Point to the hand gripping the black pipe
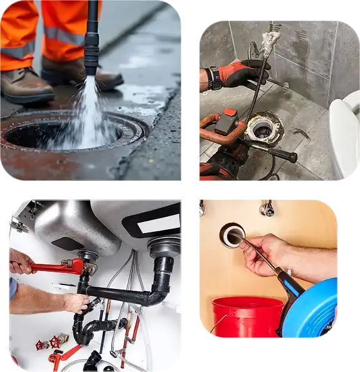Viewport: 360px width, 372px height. (x=77, y=302)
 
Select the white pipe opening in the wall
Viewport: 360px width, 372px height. (x=231, y=235)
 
